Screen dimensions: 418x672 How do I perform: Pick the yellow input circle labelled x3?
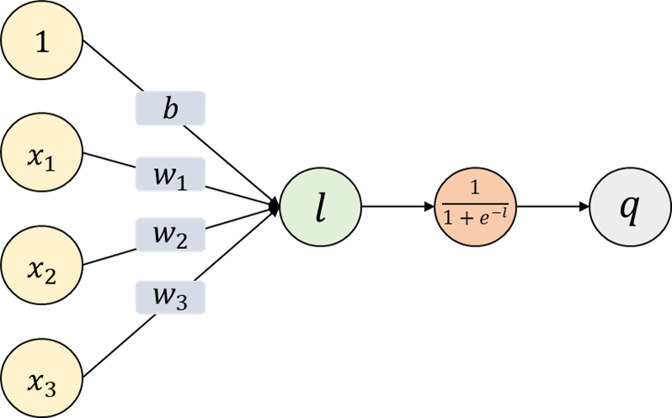click(42, 381)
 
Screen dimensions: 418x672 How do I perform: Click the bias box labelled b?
click(170, 108)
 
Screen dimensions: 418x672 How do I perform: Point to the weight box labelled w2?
click(170, 235)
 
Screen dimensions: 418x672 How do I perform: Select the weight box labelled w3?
click(170, 297)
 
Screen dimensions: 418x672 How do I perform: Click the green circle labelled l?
click(320, 209)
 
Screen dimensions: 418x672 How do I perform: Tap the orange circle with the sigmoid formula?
click(474, 208)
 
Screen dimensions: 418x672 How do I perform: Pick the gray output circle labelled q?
click(628, 208)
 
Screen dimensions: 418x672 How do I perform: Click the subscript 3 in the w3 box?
click(182, 302)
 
